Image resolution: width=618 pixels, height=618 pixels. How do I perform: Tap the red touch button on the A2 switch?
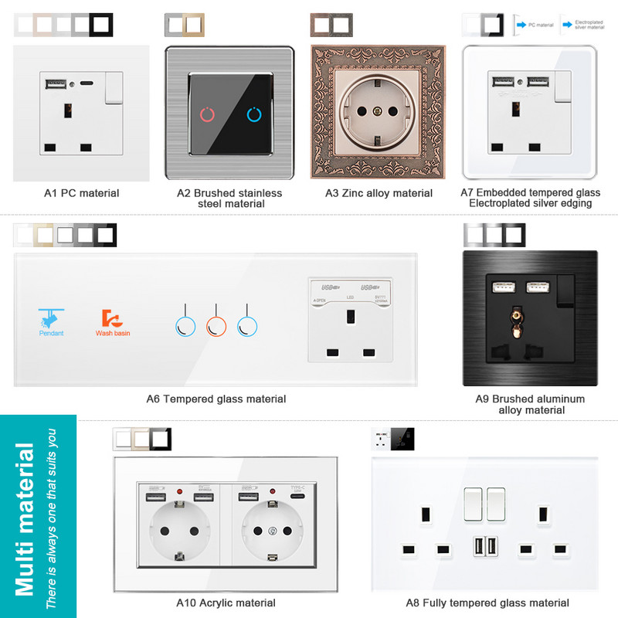[x=208, y=114]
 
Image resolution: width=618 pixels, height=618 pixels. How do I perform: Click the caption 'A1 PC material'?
[x=81, y=193]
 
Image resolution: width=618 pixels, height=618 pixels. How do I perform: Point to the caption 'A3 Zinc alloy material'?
[x=378, y=193]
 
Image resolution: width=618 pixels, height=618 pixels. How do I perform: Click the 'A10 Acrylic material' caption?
[x=226, y=603]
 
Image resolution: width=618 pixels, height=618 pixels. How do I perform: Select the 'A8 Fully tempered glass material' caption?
[x=487, y=603]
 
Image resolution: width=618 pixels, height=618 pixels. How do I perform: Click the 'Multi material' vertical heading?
[x=25, y=518]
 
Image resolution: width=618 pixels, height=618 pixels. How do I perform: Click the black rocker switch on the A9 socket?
[x=563, y=288]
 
